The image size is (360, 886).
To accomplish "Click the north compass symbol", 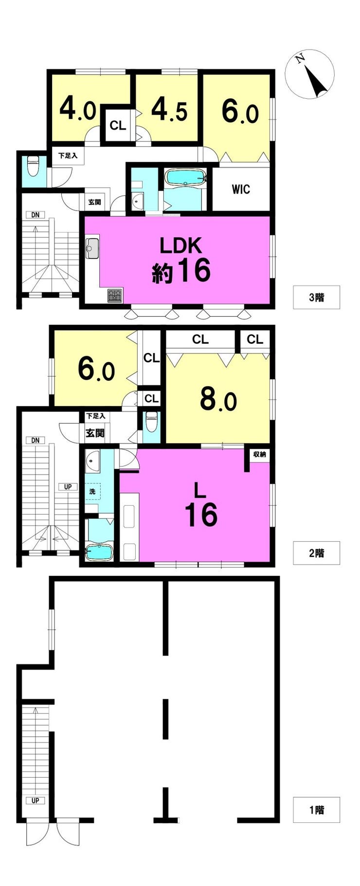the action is tap(309, 74).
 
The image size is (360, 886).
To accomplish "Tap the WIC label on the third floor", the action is tap(241, 189).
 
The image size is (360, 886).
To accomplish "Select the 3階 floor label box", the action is tap(316, 297).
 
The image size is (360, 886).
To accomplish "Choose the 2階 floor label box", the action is tap(316, 553).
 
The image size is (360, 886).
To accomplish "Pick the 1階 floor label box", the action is tap(316, 810).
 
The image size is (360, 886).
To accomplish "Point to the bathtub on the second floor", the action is tap(99, 551).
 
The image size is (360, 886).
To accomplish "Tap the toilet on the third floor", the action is tap(33, 166).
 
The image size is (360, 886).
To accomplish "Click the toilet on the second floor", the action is tap(152, 421).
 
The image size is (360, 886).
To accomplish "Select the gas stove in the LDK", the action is tap(115, 296).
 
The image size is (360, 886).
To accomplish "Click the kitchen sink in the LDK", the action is tap(92, 248).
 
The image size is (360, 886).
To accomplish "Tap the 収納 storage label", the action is tap(259, 454).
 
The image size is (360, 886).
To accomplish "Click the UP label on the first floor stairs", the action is tap(35, 800).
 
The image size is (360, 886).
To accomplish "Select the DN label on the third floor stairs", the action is tap(35, 215).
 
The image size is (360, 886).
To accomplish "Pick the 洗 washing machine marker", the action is tap(92, 492).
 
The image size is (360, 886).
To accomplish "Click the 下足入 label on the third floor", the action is tap(68, 156).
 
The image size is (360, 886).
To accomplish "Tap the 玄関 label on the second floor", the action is tap(95, 432).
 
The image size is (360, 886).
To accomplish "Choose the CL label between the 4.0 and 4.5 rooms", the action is tap(118, 125).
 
